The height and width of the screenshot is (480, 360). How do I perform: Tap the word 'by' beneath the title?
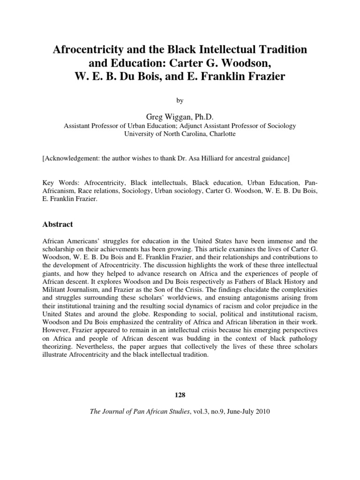(x=180, y=100)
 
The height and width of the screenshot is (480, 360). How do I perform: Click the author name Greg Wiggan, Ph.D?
(x=180, y=116)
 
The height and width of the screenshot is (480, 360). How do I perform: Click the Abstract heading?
(x=58, y=225)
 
